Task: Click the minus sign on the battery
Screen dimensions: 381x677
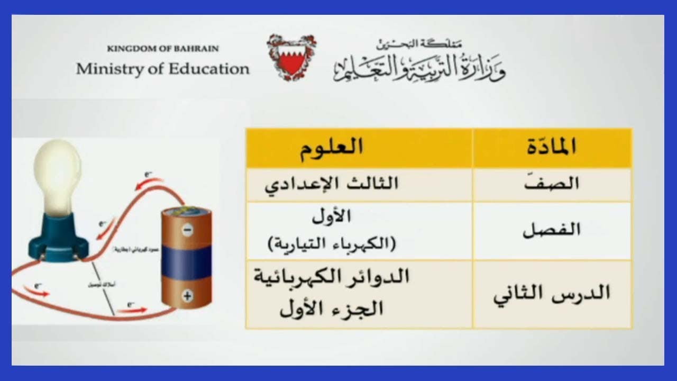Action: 187,230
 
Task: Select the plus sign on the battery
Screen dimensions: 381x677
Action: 187,296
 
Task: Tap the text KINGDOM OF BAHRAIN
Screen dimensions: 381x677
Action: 163,49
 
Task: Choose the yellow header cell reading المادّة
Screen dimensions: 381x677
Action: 552,147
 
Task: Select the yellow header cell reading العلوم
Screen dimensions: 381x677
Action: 332,147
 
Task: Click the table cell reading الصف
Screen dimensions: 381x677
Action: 552,184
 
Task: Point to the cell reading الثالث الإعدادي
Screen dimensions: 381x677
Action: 332,184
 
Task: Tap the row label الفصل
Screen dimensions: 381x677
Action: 552,230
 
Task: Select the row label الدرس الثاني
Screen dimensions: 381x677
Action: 552,294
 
